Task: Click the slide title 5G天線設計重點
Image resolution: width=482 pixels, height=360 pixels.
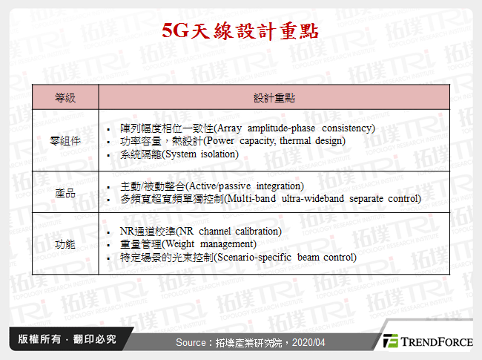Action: tap(240, 31)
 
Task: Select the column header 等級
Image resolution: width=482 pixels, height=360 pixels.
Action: tap(65, 98)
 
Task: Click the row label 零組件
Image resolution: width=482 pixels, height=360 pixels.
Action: tap(65, 140)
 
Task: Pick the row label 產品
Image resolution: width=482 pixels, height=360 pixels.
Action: tap(65, 192)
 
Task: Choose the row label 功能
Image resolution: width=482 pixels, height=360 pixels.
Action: tap(65, 243)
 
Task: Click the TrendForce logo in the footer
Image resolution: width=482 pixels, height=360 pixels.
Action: tap(428, 341)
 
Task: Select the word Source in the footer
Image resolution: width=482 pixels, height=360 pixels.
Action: tap(191, 342)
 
